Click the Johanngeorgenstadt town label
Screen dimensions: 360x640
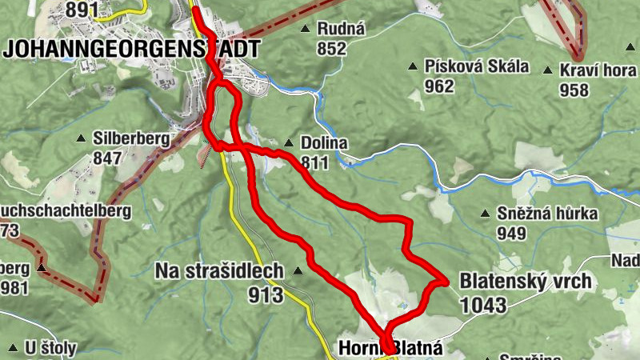point(132,48)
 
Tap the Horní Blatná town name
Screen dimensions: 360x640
point(390,348)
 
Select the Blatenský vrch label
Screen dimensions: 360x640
point(526,281)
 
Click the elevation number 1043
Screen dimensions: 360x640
point(483,305)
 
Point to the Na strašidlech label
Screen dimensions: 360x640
point(218,271)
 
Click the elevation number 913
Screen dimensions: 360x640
point(266,295)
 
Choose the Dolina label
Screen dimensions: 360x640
point(324,143)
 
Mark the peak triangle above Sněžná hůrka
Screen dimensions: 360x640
point(484,213)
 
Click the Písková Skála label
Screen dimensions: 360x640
point(478,66)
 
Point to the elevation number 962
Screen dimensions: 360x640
point(439,86)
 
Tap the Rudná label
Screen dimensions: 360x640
point(341,29)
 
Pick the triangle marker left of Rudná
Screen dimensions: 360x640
point(305,29)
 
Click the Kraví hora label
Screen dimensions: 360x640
point(598,70)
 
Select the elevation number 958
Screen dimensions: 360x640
point(574,90)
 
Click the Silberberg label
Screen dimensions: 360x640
point(131,138)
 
